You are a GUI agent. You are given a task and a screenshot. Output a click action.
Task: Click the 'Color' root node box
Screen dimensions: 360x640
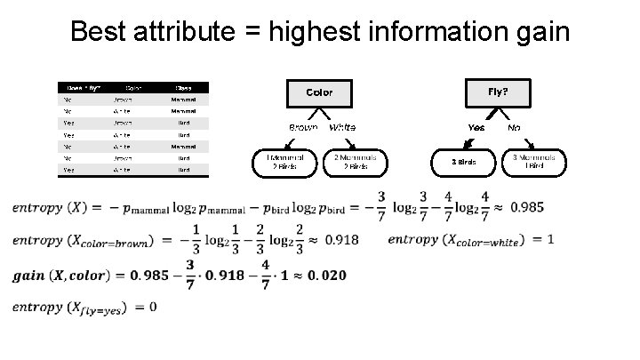tap(319, 92)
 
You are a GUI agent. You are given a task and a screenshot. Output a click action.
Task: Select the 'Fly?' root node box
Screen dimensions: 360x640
tap(498, 92)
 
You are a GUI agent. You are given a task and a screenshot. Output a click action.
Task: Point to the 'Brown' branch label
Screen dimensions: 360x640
tap(303, 128)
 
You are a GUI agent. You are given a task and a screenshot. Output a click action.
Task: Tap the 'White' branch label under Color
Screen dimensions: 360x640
tap(343, 128)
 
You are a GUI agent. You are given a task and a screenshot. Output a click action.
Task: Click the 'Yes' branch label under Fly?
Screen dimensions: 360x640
tap(476, 128)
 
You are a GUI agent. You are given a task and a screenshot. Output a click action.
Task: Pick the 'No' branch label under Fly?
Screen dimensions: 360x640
tap(514, 128)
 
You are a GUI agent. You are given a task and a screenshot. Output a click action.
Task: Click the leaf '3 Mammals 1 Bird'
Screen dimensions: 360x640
tap(533, 162)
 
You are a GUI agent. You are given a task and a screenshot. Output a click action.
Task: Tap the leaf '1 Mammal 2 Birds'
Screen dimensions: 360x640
tap(284, 162)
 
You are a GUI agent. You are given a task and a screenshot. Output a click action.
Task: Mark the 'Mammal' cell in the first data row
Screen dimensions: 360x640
tap(183, 99)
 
